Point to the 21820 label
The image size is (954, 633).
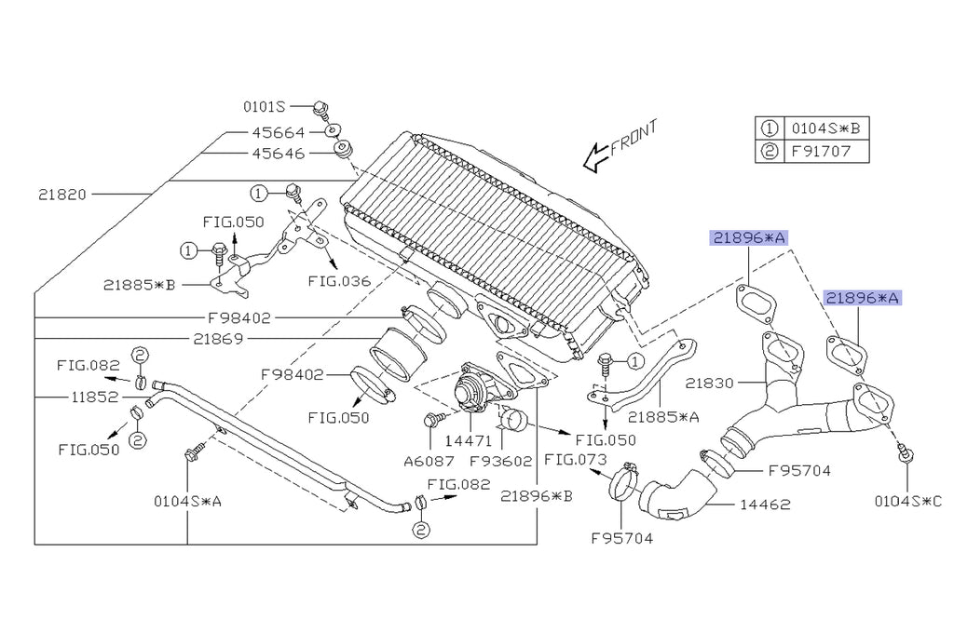(x=62, y=195)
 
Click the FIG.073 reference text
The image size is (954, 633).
(x=576, y=459)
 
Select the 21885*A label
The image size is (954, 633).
(x=664, y=417)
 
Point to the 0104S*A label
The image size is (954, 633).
(x=187, y=502)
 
